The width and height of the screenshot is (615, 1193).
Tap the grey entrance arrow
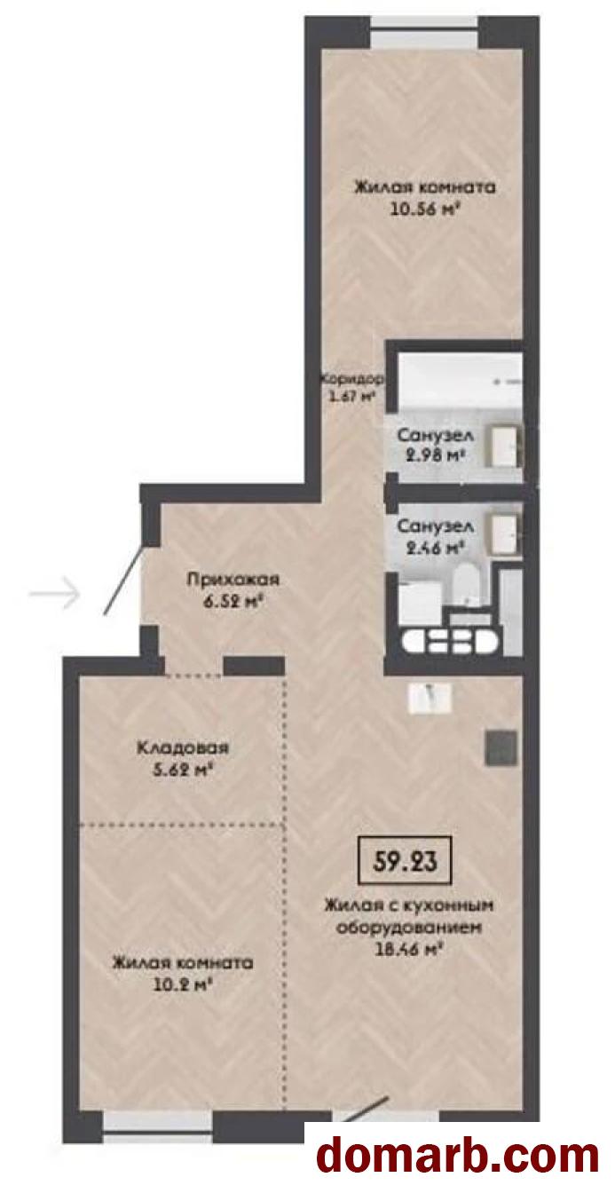[55, 592]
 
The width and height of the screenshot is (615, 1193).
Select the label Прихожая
[233, 580]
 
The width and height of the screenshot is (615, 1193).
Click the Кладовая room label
[183, 747]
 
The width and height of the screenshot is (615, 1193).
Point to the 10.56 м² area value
[425, 209]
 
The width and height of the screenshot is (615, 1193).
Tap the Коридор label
[351, 380]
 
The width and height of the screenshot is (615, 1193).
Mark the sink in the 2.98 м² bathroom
[504, 446]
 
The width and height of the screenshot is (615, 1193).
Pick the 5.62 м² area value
[183, 770]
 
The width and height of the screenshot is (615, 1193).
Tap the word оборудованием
[409, 927]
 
